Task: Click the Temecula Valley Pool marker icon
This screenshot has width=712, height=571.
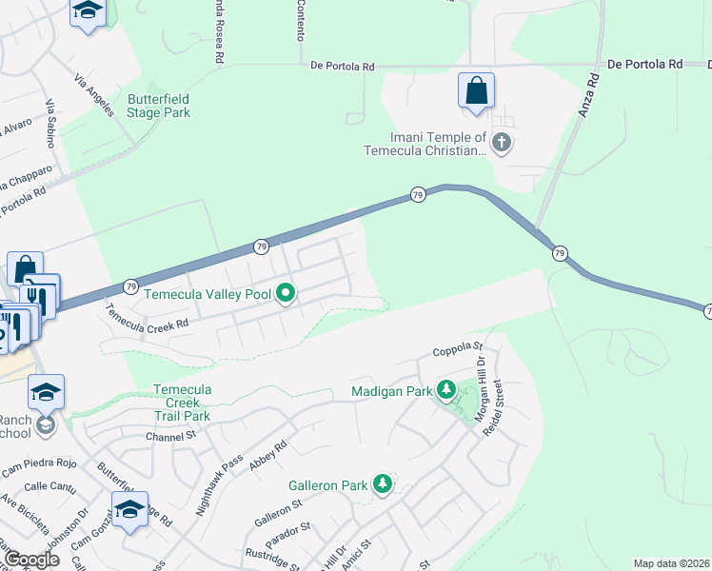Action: pos(286,294)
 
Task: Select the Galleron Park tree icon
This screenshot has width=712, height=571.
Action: pos(383,484)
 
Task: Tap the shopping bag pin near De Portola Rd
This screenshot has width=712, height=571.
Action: pos(476,91)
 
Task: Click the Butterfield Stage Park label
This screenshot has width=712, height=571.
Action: pos(159,106)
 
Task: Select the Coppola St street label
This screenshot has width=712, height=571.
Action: pos(459,351)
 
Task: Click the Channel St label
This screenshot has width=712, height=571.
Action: pos(170,436)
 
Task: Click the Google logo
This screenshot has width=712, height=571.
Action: pos(32,560)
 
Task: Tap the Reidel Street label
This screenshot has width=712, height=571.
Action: pos(504,406)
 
